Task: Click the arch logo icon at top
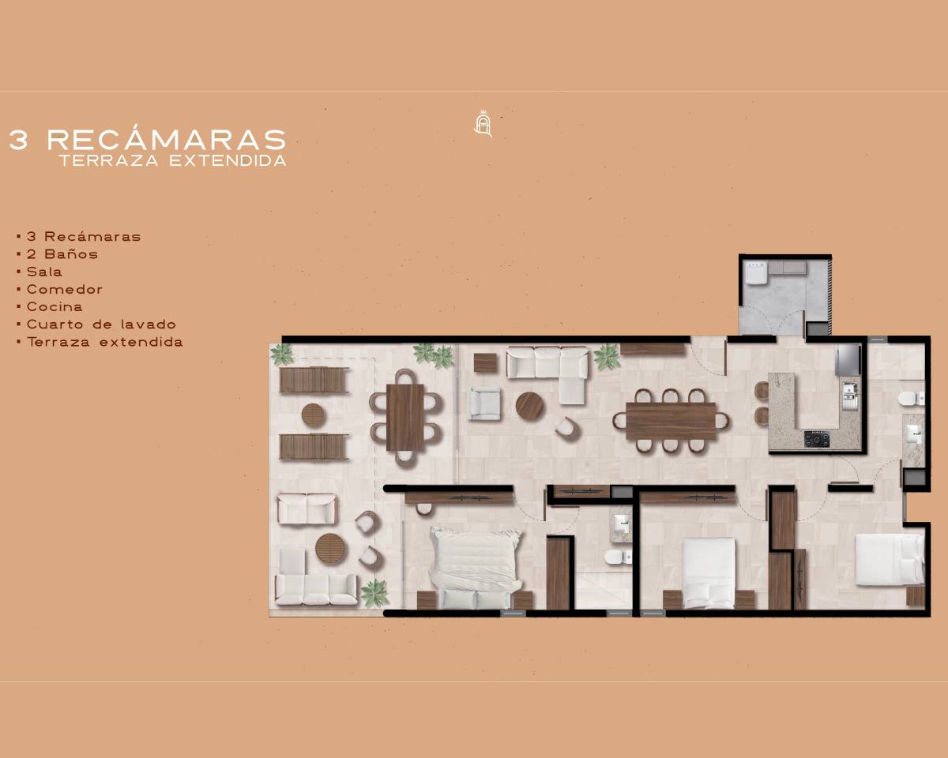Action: click(x=483, y=124)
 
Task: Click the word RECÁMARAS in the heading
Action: click(x=167, y=140)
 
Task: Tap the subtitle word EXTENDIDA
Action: click(x=228, y=161)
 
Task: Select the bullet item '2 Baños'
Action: click(x=62, y=254)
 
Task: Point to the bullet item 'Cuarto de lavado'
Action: click(x=101, y=325)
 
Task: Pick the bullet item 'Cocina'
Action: click(x=55, y=306)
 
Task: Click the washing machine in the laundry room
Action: click(x=756, y=272)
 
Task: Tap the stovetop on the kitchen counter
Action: click(x=817, y=439)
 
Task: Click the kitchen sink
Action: click(x=850, y=396)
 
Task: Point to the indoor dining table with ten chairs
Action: click(x=671, y=421)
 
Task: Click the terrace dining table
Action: click(x=405, y=418)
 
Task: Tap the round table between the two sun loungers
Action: click(x=314, y=415)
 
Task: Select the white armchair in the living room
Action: click(x=485, y=403)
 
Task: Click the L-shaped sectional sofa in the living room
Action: click(x=548, y=372)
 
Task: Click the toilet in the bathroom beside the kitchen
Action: click(x=910, y=399)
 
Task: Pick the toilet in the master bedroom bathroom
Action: click(x=618, y=557)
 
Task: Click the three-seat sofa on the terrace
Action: click(x=316, y=589)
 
